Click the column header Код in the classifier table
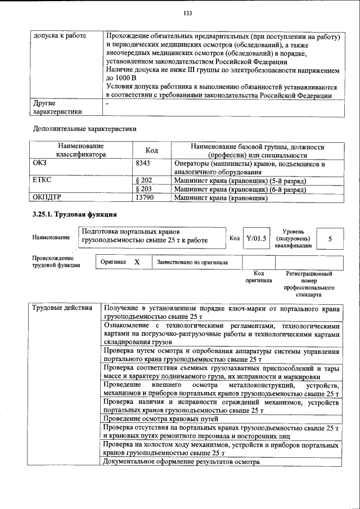pyautogui.click(x=151, y=150)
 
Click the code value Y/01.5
pyautogui.click(x=256, y=238)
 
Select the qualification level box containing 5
pyautogui.click(x=330, y=239)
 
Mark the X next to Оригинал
pyautogui.click(x=137, y=262)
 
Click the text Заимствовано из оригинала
pyautogui.click(x=192, y=262)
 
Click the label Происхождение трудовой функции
pyautogui.click(x=56, y=262)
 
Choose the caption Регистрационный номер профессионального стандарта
pyautogui.click(x=309, y=283)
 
